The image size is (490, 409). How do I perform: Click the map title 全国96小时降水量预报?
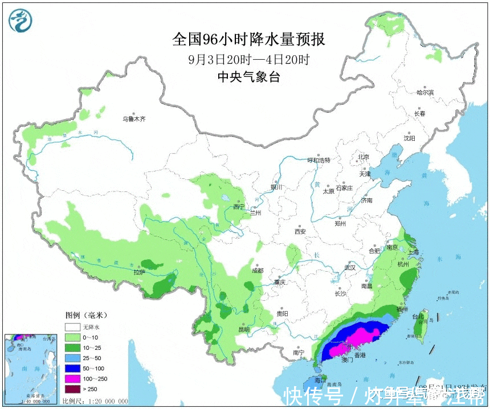pos(248,39)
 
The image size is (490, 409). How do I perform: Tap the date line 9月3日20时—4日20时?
pos(248,59)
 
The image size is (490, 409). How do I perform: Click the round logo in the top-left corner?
pos(21,21)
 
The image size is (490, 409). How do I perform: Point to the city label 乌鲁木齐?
pos(134,120)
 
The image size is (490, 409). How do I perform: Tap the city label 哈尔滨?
pos(425,92)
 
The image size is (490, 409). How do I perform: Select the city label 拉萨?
pos(140,272)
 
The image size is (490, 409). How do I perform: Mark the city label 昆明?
pos(244,329)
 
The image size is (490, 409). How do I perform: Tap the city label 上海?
pos(412,252)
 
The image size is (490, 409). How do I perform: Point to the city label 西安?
pos(300,231)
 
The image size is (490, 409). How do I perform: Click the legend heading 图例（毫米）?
pos(86,315)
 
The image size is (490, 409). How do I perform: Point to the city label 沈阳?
pos(409,138)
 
